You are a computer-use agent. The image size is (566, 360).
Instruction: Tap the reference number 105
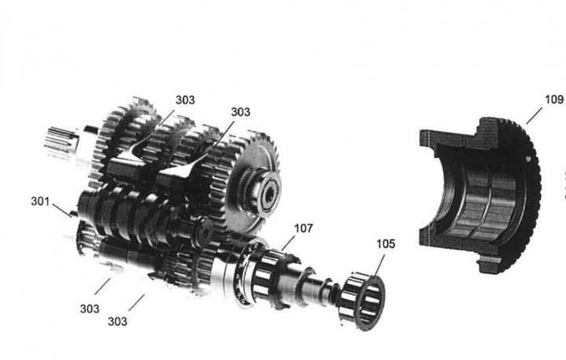tap(386, 244)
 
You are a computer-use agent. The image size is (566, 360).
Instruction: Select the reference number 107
tap(303, 229)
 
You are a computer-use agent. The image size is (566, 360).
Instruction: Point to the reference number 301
tap(40, 201)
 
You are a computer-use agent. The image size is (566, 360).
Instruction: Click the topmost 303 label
tap(186, 100)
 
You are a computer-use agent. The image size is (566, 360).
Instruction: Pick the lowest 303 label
tap(117, 321)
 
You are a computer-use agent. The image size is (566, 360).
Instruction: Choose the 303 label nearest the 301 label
tap(90, 309)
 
